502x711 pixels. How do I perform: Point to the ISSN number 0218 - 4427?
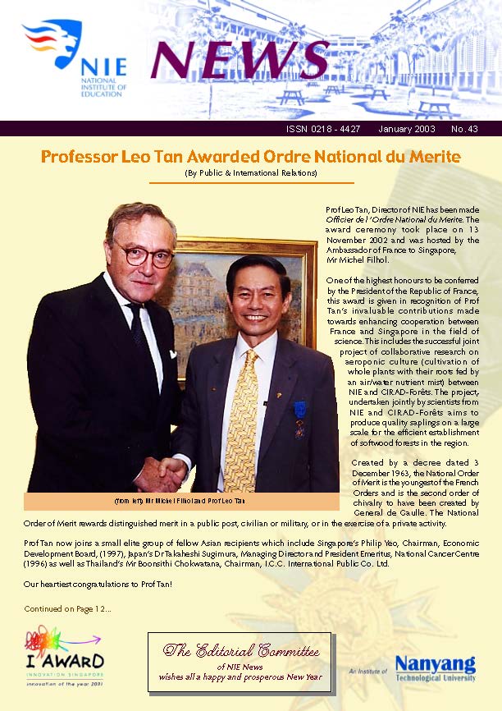tap(324, 129)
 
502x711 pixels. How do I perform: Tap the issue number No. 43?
tap(464, 129)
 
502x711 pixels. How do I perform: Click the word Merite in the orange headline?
tap(429, 156)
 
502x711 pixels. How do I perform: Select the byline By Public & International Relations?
tap(251, 173)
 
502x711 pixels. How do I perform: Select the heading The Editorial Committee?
tap(240, 652)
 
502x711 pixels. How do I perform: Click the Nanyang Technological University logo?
tap(435, 666)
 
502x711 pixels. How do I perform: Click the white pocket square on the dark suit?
tap(173, 355)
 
